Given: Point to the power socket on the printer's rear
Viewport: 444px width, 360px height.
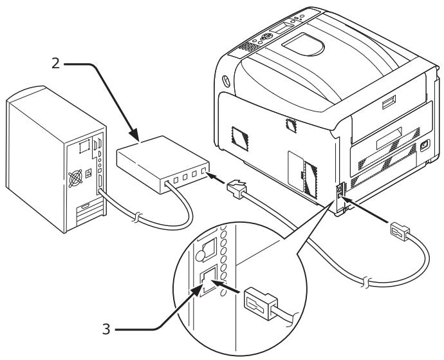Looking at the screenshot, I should [x=425, y=145].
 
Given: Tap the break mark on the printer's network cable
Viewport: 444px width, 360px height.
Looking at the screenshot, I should [x=365, y=282].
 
